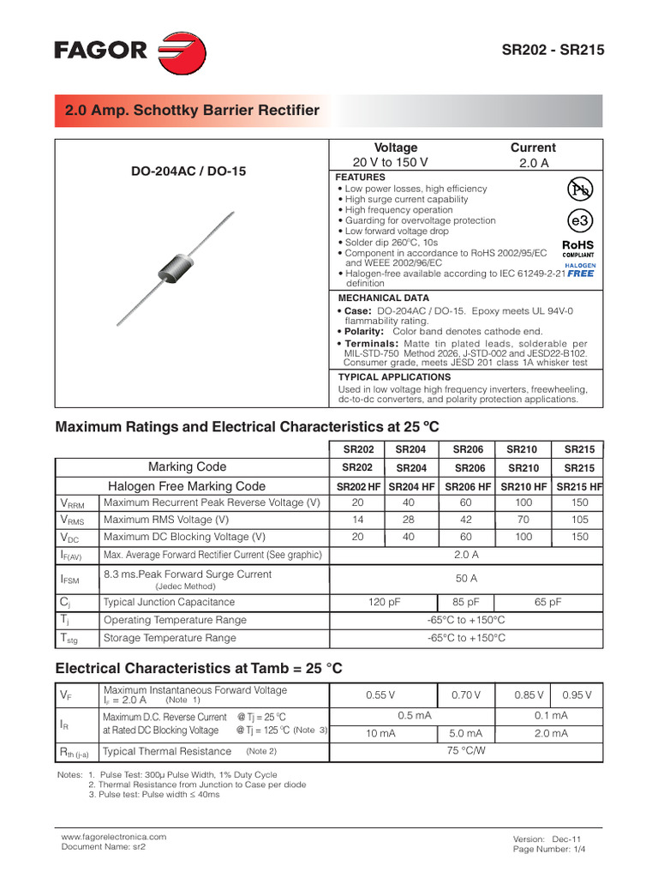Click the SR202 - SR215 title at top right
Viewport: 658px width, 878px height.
(553, 51)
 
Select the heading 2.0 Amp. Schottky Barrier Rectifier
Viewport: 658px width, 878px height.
(192, 111)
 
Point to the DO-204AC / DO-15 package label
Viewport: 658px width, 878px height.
(188, 171)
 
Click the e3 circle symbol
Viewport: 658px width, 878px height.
(580, 220)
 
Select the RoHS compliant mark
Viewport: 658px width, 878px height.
(577, 248)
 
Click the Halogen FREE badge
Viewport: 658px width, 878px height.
(579, 270)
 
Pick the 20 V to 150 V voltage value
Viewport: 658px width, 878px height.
(390, 162)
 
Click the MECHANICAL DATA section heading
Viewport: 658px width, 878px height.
(383, 298)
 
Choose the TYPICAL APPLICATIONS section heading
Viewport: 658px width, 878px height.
(394, 376)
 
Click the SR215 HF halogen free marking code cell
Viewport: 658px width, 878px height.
(579, 486)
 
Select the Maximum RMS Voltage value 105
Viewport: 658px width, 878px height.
(579, 520)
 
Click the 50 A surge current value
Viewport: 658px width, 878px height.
(467, 579)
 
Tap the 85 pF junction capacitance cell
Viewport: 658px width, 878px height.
(466, 602)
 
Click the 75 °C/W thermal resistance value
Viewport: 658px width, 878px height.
(466, 750)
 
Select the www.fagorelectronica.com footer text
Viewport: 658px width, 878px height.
(114, 836)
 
